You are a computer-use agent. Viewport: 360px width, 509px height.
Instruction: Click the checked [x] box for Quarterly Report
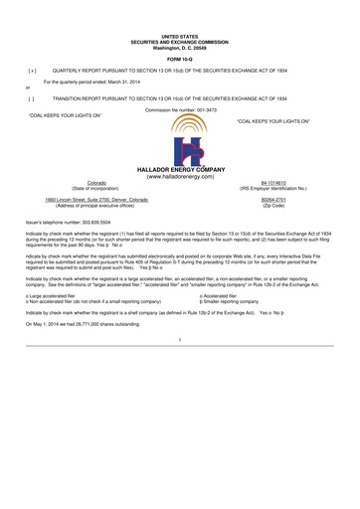[32, 72]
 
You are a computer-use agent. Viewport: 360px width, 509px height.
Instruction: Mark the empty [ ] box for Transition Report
[32, 98]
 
